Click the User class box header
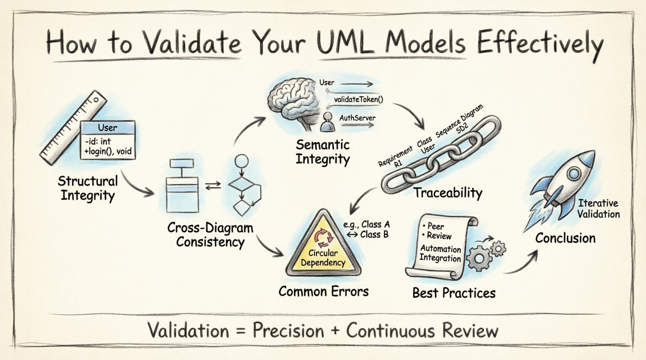pos(108,128)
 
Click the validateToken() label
pos(358,99)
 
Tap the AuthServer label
pos(357,118)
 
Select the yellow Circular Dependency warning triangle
pos(322,248)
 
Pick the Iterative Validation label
pos(598,209)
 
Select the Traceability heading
pos(447,192)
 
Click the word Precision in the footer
pos(288,331)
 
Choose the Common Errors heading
pos(323,291)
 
